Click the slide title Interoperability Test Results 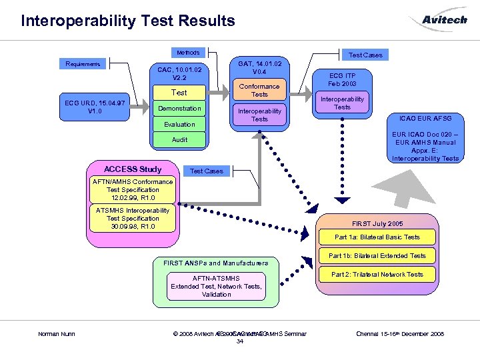(128, 21)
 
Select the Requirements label (83, 64)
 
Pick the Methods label (188, 52)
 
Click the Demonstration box (179, 108)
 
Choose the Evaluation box (179, 124)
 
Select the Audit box (179, 139)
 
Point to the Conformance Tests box (259, 90)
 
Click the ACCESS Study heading (133, 169)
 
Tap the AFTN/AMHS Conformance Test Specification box (133, 189)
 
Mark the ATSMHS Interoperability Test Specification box (133, 218)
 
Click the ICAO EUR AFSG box (425, 118)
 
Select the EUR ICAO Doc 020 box (425, 146)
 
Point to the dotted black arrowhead (342, 199)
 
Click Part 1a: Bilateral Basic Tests (377, 237)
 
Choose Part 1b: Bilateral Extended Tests (377, 255)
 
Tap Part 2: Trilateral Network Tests (377, 274)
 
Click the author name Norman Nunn (56, 333)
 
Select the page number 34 (239, 341)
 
